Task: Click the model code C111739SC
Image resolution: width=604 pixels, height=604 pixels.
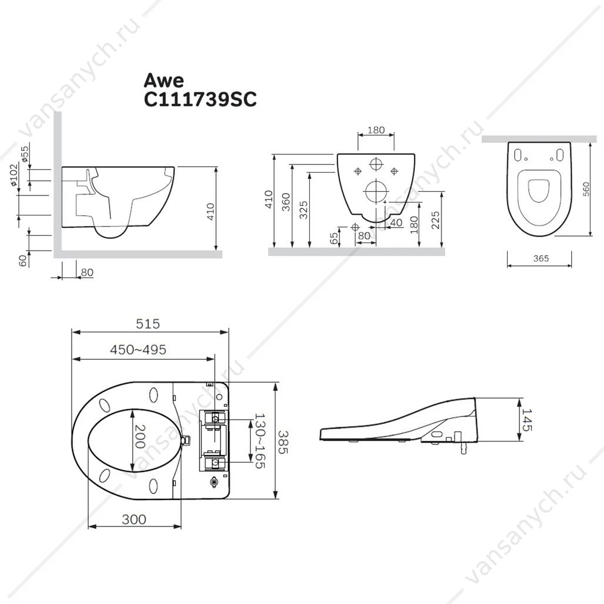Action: (200, 100)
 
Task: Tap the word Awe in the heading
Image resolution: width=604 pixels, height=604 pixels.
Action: (164, 80)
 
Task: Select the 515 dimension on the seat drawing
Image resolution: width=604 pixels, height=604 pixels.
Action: (148, 324)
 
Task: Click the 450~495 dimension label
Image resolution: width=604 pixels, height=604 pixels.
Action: (139, 350)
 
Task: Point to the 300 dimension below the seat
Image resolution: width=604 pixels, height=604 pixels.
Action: (134, 519)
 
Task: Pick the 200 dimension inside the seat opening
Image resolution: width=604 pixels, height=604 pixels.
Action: (140, 437)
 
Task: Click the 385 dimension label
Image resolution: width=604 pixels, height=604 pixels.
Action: (283, 442)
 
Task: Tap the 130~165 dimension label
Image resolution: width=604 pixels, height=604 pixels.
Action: (260, 441)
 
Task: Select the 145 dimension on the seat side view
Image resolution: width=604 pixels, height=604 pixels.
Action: (527, 420)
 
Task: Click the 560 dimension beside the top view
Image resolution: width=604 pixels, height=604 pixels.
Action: (586, 189)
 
